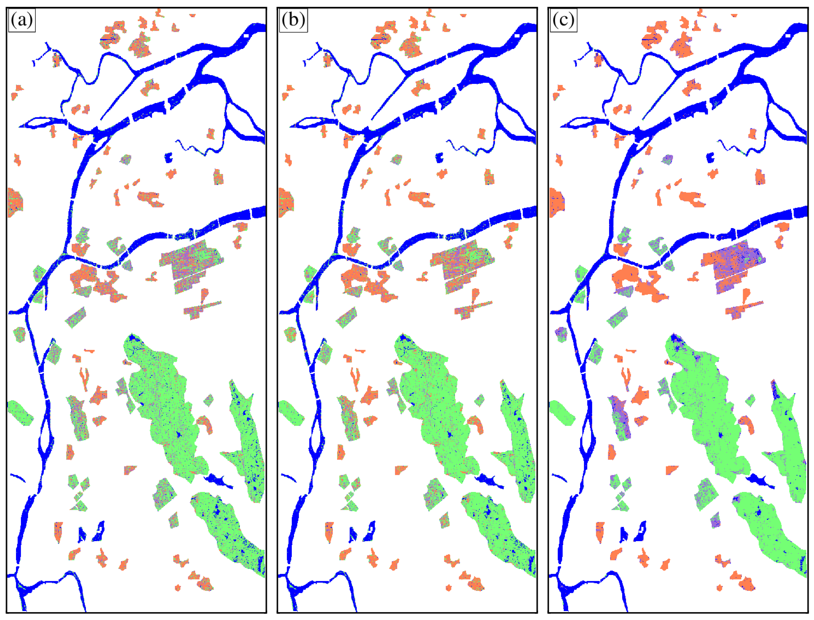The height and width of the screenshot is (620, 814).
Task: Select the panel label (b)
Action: click(x=293, y=20)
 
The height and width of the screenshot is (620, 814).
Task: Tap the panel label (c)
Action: click(x=563, y=20)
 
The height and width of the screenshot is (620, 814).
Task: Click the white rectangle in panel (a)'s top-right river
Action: click(x=247, y=35)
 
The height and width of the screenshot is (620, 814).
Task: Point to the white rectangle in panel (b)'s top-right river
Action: click(x=517, y=35)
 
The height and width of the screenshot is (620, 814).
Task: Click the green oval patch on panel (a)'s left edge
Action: click(x=19, y=413)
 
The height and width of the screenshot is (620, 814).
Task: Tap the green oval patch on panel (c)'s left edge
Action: click(x=561, y=413)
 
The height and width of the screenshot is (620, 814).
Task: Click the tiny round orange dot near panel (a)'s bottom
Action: click(x=178, y=587)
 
